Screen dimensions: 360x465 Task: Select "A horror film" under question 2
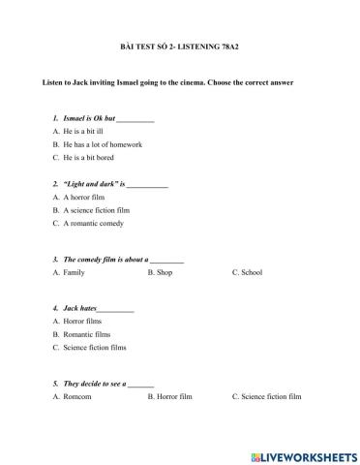pos(86,196)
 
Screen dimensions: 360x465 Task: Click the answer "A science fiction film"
pos(96,209)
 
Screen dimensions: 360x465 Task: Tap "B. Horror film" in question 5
pos(170,396)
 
